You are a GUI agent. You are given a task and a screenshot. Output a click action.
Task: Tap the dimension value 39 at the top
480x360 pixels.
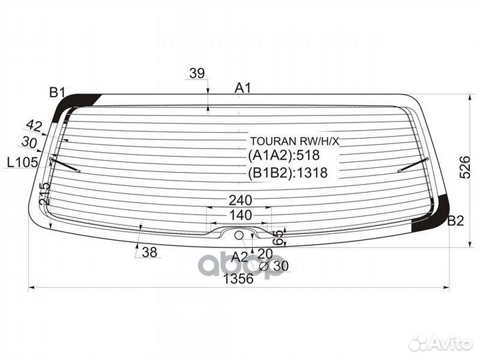[197, 74]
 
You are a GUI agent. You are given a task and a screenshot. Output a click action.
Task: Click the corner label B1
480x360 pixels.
[56, 93]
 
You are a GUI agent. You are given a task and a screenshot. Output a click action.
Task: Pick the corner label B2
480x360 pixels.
[455, 221]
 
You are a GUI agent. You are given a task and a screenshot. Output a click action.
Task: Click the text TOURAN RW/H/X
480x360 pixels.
[295, 141]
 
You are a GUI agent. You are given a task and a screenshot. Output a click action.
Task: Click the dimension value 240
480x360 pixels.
[240, 199]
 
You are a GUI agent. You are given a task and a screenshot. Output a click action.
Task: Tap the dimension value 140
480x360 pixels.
[240, 215]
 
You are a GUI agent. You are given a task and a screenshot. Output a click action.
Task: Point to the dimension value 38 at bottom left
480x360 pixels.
[149, 252]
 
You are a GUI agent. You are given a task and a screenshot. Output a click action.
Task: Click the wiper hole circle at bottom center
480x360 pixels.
[239, 234]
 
